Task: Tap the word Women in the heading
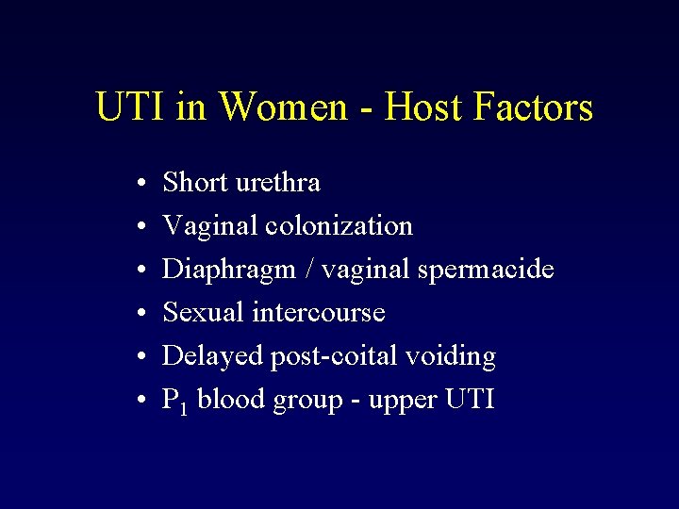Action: point(283,107)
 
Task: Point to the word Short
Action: point(195,182)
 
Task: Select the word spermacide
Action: point(494,270)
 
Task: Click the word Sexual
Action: point(204,313)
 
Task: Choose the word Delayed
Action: point(212,356)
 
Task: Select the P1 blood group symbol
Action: point(176,401)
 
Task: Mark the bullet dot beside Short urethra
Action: point(138,183)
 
